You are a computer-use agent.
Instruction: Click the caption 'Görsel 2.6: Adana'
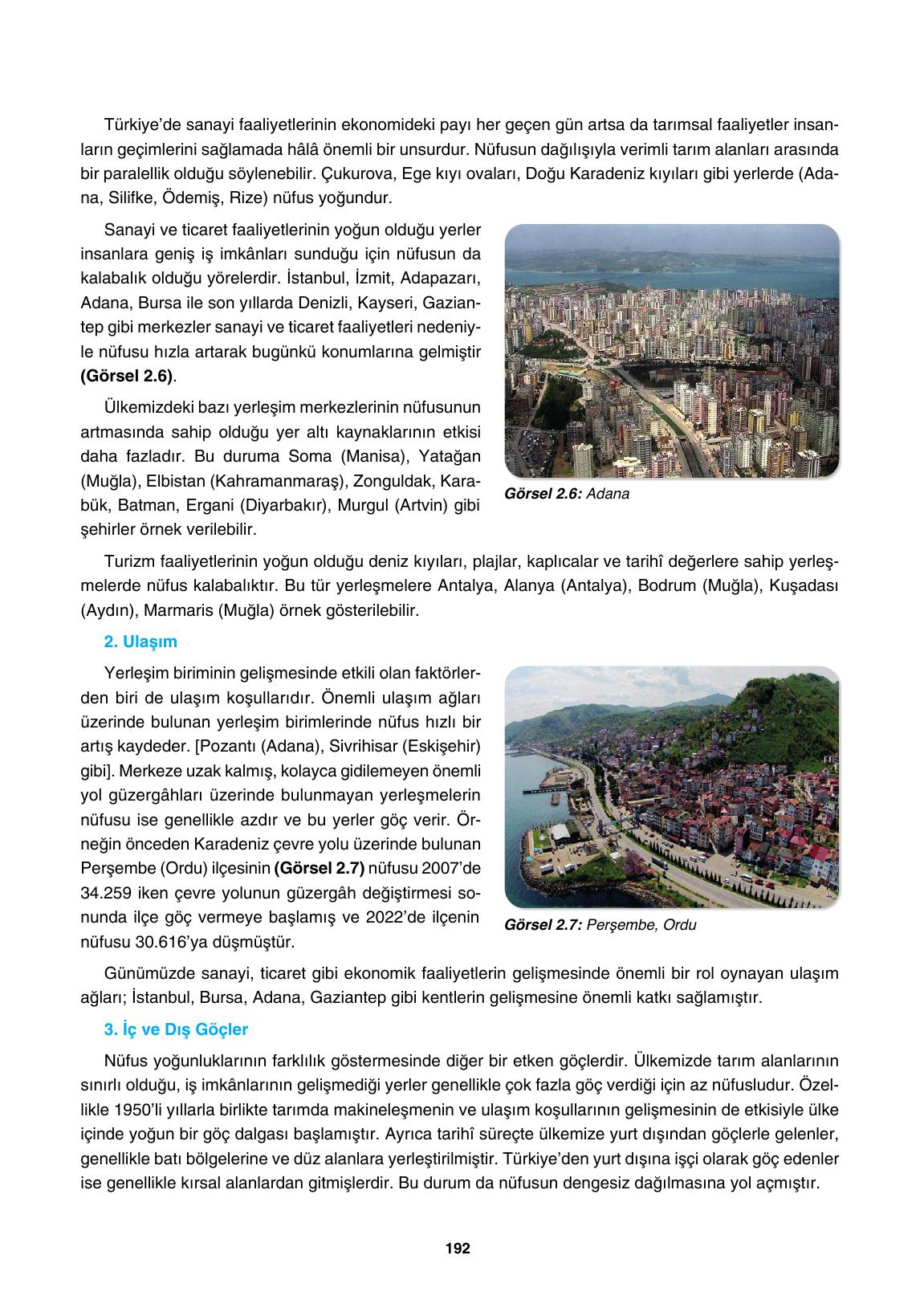567,495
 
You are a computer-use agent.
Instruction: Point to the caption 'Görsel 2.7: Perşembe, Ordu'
600,925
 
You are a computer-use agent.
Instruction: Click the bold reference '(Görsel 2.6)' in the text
127,376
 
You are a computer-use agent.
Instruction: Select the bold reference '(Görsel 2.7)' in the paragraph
319,868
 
